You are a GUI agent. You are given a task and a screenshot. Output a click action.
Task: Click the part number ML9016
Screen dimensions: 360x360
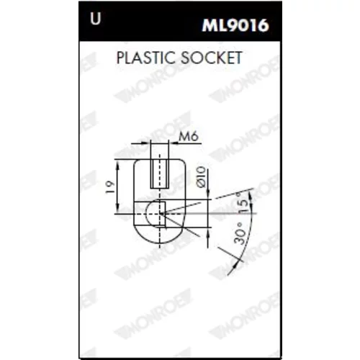(235, 25)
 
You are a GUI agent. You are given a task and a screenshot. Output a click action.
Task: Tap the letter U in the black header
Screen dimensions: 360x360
(96, 19)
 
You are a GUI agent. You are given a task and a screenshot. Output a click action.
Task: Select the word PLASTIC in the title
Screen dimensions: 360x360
(146, 58)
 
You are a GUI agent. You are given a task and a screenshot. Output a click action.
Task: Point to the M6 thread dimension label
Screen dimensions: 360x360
(189, 137)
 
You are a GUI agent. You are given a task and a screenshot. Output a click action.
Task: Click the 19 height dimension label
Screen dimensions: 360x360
(110, 187)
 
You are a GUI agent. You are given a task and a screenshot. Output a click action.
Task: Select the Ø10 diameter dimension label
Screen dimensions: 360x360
(201, 176)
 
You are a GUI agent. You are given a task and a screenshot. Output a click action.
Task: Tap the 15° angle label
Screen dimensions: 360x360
(243, 201)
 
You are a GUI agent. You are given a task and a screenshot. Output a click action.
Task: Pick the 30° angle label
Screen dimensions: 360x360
(240, 233)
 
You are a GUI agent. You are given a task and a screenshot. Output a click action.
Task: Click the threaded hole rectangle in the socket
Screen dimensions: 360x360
(160, 174)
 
